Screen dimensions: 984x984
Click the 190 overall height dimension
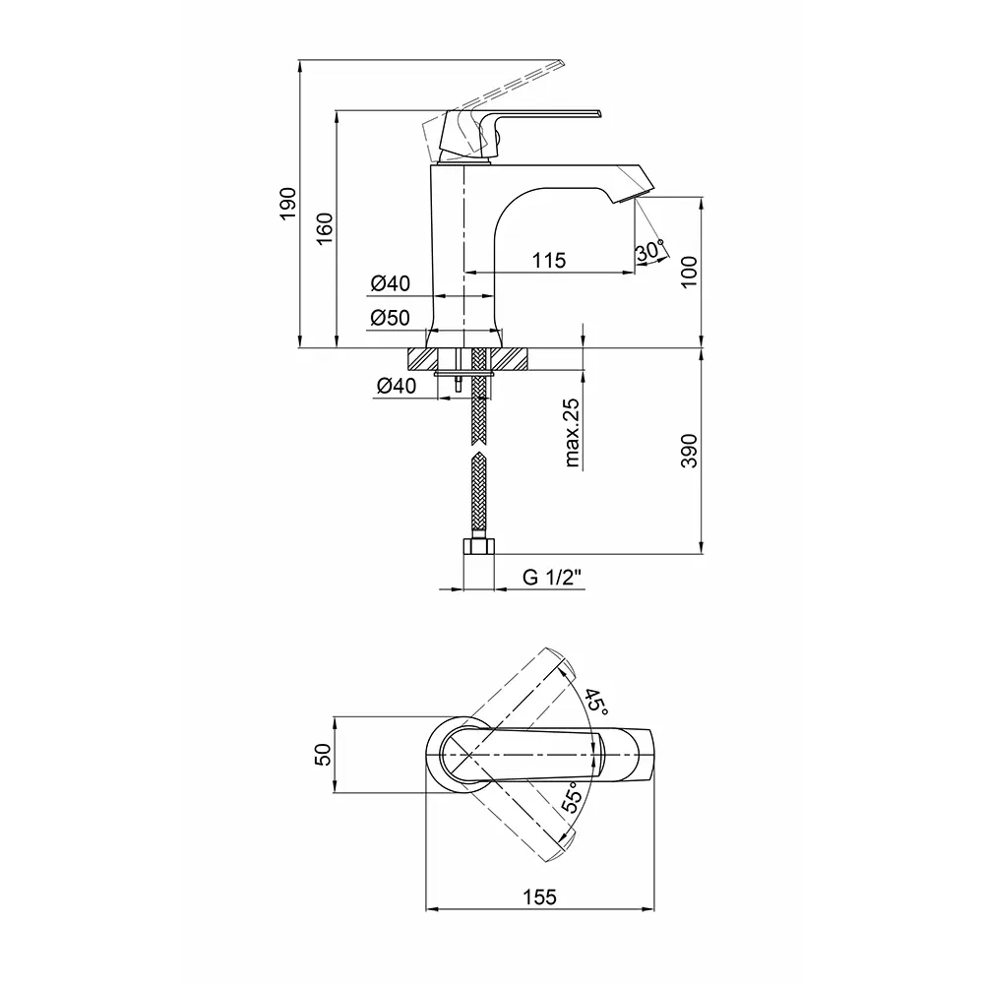288,203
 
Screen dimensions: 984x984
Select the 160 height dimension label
325,229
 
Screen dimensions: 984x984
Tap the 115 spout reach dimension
549,260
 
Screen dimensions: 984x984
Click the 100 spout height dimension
689,272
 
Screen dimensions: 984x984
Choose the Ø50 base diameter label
390,318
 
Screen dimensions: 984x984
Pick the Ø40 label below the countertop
396,386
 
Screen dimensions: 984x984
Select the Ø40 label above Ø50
390,283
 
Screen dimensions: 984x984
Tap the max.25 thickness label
572,433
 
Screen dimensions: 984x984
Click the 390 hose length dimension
689,451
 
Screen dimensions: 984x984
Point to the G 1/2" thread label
552,577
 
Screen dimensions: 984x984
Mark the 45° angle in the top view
596,703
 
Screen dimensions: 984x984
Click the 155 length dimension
539,896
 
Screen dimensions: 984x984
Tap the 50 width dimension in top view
322,754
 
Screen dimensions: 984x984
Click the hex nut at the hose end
479,546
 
